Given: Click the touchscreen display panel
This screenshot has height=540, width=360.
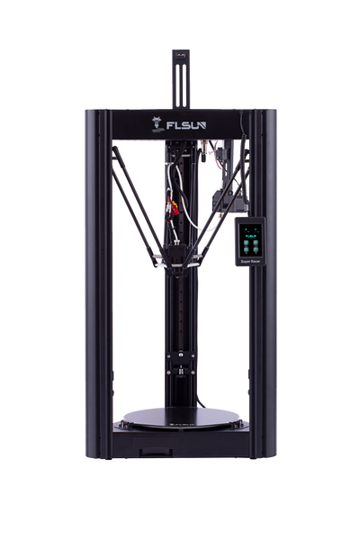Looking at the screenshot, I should click(251, 240).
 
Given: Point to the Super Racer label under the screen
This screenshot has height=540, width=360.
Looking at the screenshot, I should click(251, 263).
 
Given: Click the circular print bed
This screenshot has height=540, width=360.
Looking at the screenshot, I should click(181, 417).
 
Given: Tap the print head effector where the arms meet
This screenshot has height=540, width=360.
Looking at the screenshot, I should click(180, 261).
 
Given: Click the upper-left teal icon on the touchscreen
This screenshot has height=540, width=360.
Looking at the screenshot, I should click(246, 229).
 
